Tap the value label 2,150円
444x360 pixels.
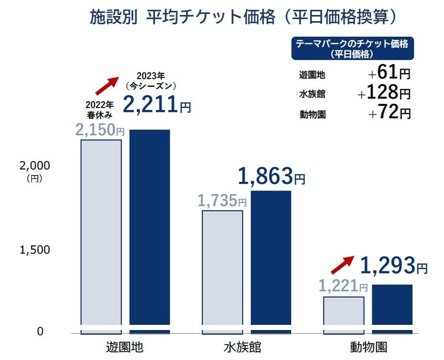point(101,130)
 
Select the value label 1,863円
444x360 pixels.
point(272,177)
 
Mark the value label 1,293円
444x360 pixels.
point(393,266)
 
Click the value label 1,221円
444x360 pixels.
point(343,286)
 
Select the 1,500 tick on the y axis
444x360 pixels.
point(34,249)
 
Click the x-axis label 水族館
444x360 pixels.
point(246,346)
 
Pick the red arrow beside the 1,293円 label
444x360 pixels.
point(342,265)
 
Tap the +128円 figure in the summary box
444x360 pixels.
point(385,93)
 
